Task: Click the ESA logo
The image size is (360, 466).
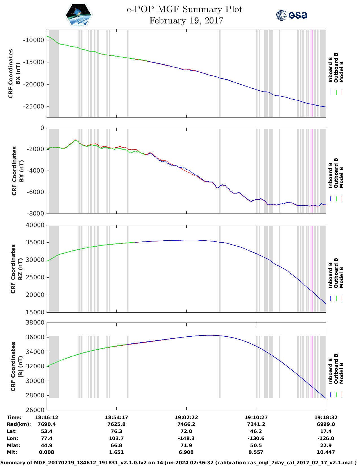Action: [292, 15]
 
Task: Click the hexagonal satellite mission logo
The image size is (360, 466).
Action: [78, 15]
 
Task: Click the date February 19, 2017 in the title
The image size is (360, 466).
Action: [186, 21]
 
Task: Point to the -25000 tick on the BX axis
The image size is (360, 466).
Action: [33, 106]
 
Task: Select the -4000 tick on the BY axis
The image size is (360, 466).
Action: [35, 171]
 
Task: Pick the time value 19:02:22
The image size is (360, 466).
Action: [186, 417]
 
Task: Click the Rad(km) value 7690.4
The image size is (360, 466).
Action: [47, 424]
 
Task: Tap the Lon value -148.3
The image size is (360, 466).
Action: [186, 438]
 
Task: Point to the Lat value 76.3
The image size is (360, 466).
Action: [116, 431]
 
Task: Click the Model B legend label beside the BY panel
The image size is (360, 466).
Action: [341, 177]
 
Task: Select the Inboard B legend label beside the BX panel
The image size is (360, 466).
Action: [330, 70]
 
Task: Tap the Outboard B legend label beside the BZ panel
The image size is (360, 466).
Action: [336, 273]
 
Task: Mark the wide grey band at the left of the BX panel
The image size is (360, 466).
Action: [54, 73]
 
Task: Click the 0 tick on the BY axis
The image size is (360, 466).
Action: [42, 128]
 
